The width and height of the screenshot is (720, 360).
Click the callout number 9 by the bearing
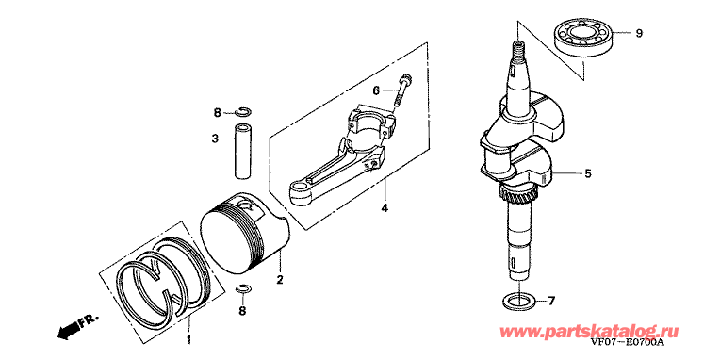639,33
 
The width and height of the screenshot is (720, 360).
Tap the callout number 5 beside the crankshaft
588,173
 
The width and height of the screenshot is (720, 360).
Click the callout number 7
551,302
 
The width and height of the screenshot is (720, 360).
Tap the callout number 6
376,90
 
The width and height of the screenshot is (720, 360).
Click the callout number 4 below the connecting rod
385,208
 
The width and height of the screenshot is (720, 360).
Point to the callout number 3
215,139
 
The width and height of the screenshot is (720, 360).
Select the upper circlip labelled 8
243,111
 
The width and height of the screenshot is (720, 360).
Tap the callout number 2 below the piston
280,279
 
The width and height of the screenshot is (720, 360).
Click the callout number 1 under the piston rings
188,340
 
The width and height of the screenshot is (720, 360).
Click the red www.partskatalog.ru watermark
589,331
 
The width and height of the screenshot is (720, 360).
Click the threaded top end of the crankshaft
518,47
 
